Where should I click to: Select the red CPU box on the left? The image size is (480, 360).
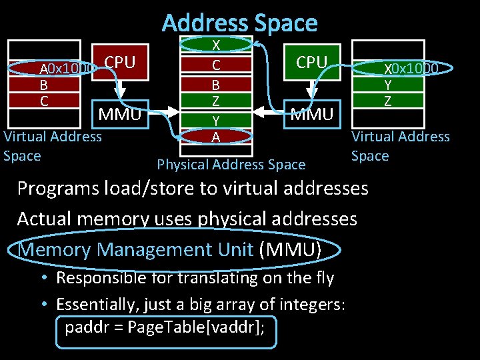pyautogui.click(x=120, y=63)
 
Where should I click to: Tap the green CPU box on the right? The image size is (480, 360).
pyautogui.click(x=311, y=63)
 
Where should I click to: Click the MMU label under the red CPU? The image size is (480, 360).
pyautogui.click(x=120, y=115)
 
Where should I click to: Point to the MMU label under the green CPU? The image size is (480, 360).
pyautogui.click(x=311, y=115)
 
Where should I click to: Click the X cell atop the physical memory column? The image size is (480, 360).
pyautogui.click(x=216, y=45)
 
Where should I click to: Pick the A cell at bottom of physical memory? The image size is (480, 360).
pyautogui.click(x=216, y=137)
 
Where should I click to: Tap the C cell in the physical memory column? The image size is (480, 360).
pyautogui.click(x=216, y=65)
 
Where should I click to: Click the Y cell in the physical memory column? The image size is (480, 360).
pyautogui.click(x=216, y=120)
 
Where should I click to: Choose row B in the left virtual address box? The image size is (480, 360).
pyautogui.click(x=44, y=85)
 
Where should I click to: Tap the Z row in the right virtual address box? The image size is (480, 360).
pyautogui.click(x=387, y=101)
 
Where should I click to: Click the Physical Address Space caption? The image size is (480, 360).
pyautogui.click(x=231, y=164)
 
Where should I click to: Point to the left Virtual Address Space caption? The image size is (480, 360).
pyautogui.click(x=52, y=146)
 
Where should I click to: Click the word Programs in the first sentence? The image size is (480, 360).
pyautogui.click(x=56, y=189)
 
